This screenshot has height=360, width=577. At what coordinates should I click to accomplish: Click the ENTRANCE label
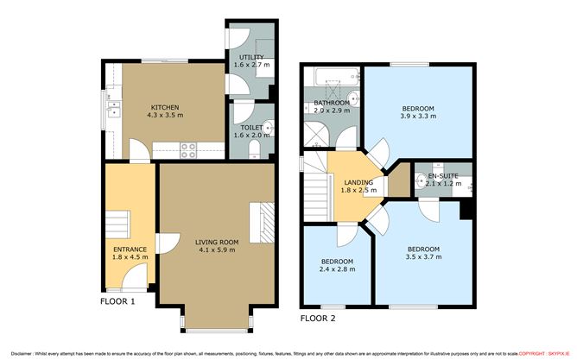pyautogui.click(x=130, y=249)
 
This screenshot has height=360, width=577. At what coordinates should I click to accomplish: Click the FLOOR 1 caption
pyautogui.click(x=117, y=302)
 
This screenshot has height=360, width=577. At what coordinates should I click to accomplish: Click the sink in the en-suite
pyautogui.click(x=421, y=180)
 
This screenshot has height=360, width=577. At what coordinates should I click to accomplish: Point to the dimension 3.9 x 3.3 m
pyautogui.click(x=417, y=116)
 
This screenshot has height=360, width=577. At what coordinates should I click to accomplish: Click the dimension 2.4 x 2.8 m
pyautogui.click(x=337, y=268)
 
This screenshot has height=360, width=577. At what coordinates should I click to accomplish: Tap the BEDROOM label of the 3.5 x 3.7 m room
pyautogui.click(x=424, y=249)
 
